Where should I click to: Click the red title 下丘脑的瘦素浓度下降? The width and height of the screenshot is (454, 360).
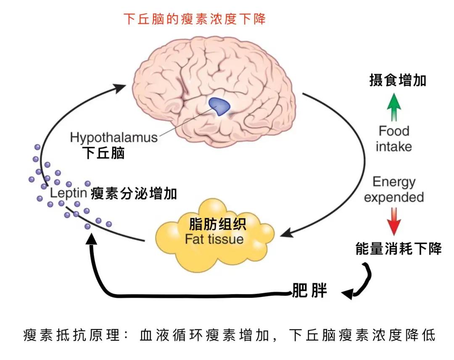[195, 19]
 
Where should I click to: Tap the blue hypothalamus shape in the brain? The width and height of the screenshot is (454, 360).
[220, 105]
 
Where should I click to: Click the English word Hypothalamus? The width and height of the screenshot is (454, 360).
[113, 137]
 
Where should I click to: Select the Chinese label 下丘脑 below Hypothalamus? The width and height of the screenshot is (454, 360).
[103, 153]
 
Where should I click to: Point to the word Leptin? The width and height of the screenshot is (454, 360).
[68, 193]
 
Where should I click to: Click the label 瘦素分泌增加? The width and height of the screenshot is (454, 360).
[134, 193]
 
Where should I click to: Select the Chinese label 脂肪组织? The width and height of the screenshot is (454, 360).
[217, 223]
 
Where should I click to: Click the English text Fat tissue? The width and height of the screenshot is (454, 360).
[214, 239]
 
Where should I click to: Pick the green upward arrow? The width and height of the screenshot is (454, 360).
[394, 107]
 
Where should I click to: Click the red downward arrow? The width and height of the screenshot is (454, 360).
[394, 221]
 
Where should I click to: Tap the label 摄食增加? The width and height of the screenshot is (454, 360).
[398, 80]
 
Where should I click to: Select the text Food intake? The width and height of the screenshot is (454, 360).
[394, 139]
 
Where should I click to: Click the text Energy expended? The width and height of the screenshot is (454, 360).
[394, 189]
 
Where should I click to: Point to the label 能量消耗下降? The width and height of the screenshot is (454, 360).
[398, 249]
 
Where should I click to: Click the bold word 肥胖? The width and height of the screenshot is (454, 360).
[309, 291]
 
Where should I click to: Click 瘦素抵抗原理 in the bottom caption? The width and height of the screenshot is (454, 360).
[71, 336]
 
